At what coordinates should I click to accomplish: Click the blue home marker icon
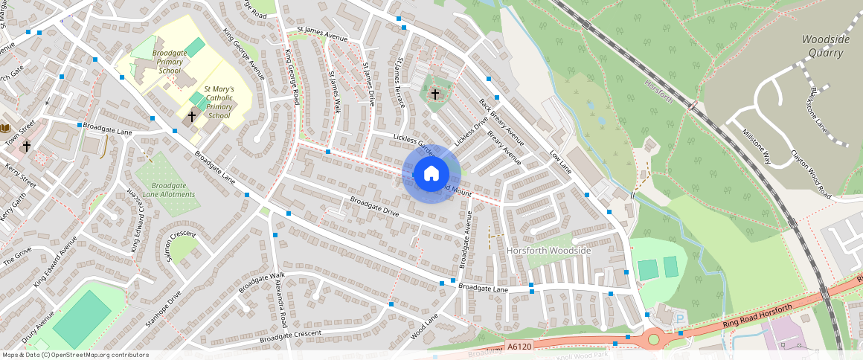(x=431, y=174)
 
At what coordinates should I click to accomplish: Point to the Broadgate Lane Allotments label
(x=173, y=190)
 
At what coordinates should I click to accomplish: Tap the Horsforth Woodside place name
(x=548, y=251)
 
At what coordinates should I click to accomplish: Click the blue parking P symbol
(x=679, y=318)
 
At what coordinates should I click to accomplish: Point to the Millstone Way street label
(x=757, y=145)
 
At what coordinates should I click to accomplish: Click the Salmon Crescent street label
(x=180, y=246)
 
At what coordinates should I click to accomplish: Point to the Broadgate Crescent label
(x=291, y=335)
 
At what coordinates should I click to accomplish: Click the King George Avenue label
(x=245, y=54)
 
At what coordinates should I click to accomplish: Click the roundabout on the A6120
(x=654, y=339)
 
